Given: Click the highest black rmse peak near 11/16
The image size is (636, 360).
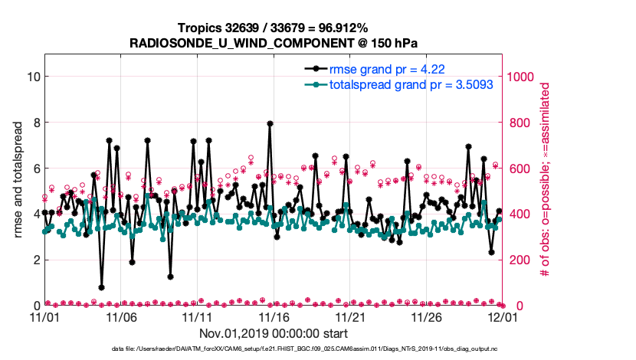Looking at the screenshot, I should [270, 123].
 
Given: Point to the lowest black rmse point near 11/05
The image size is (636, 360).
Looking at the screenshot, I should [102, 287].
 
